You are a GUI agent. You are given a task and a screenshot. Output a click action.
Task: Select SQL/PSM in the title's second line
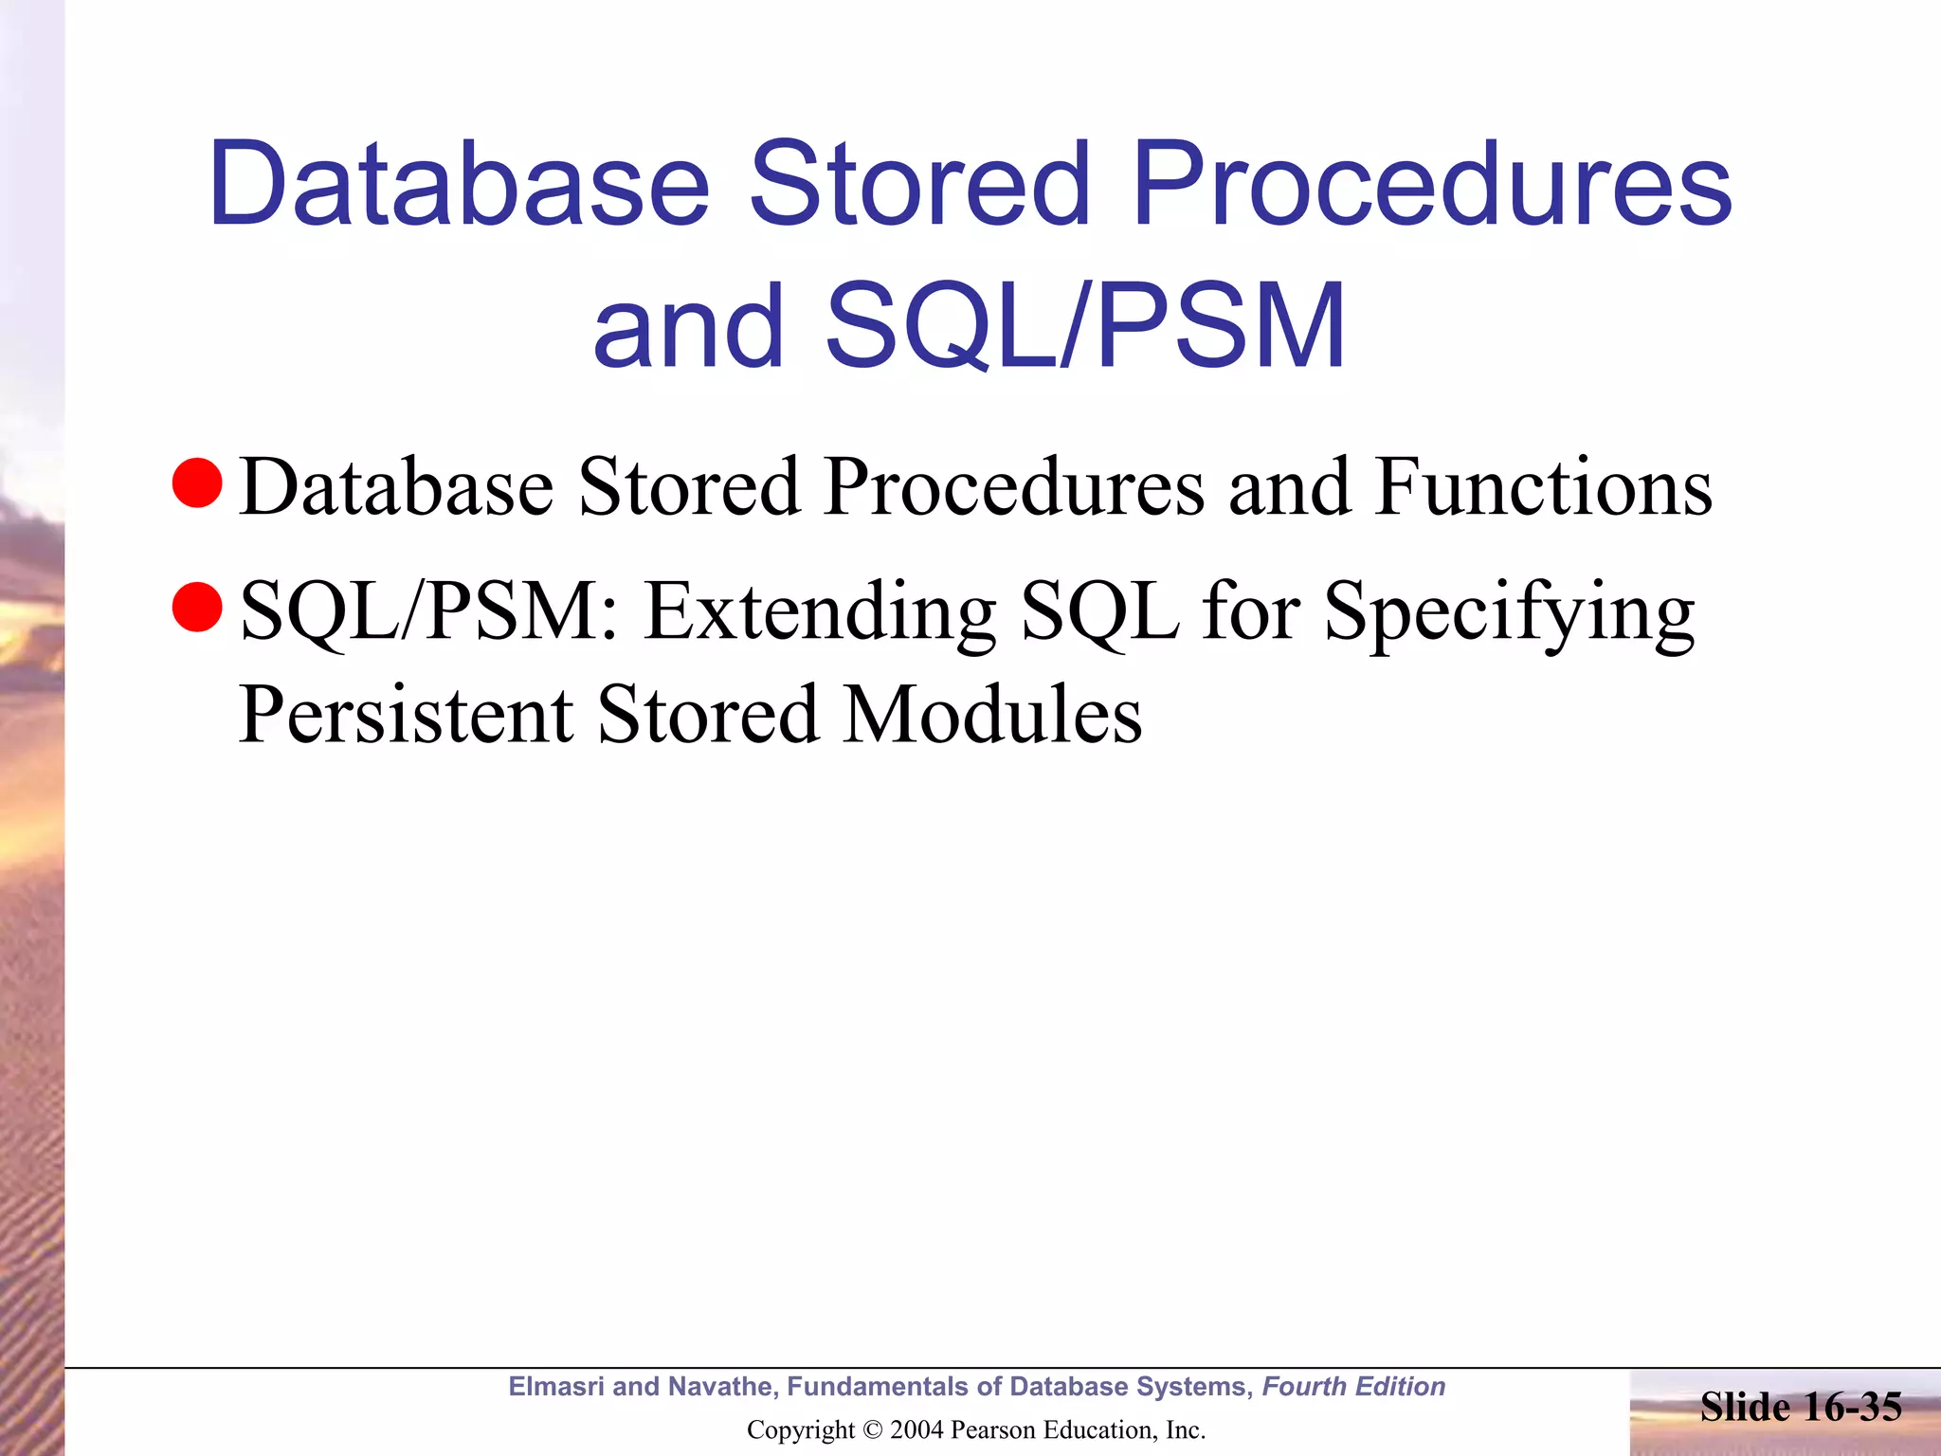pos(1084,326)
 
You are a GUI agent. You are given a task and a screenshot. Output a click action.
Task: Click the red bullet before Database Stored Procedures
pos(197,483)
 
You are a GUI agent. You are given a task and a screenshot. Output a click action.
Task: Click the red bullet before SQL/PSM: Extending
pos(197,607)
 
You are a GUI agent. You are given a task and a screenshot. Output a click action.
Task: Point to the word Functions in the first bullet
pos(1543,487)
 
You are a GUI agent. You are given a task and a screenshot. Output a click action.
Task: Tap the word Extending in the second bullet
pos(820,612)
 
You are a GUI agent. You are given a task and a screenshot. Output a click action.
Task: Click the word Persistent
pos(406,715)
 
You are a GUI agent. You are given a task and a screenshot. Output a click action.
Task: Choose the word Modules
pos(992,715)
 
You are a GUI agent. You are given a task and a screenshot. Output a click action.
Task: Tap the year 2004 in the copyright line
pos(917,1429)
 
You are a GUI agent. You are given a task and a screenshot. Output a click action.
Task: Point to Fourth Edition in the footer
pos(1353,1387)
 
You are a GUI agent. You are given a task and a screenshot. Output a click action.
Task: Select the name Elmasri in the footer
pos(556,1387)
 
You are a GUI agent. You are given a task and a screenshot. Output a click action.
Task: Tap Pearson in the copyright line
pos(991,1429)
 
